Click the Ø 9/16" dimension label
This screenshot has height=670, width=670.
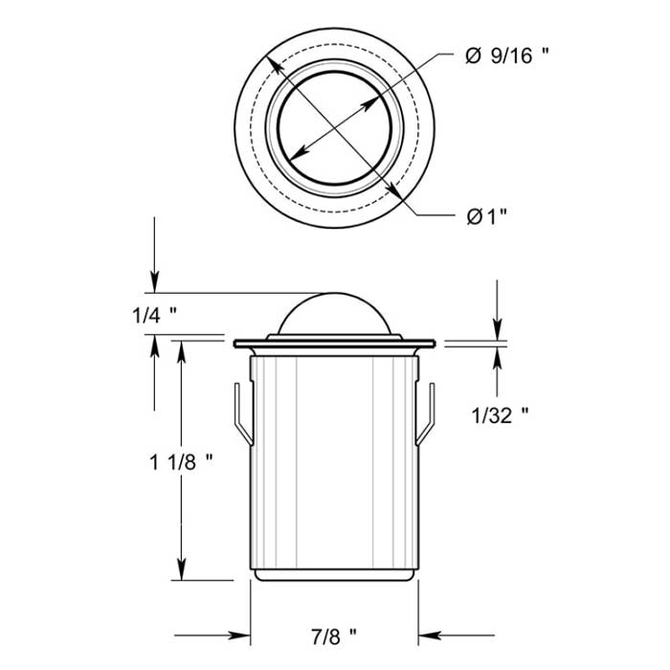tap(508, 56)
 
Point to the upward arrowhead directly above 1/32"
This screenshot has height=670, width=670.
tap(498, 352)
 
